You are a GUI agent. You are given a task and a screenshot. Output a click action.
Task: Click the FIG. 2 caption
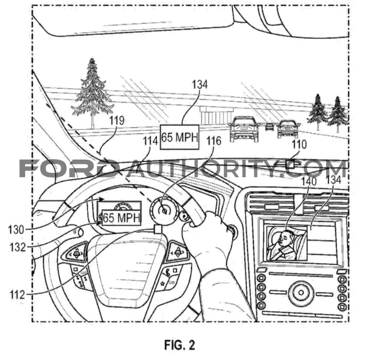point(179,345)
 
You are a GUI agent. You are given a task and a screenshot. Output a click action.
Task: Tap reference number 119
point(116,121)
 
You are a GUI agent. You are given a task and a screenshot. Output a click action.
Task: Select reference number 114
point(150,141)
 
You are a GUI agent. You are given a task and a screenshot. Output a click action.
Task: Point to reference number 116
point(214,141)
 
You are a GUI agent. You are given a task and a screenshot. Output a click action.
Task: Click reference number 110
point(299,144)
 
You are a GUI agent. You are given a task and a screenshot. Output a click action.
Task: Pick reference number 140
point(309,181)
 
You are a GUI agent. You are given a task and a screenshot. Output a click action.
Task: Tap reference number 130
point(16,230)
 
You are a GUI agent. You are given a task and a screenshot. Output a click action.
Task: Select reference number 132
point(18,247)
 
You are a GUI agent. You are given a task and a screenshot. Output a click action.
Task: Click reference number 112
point(17,295)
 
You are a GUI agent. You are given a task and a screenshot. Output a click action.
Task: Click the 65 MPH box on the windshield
point(179,137)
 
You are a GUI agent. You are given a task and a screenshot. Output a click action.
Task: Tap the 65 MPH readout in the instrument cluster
point(121,217)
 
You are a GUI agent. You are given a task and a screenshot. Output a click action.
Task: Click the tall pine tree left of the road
point(93,93)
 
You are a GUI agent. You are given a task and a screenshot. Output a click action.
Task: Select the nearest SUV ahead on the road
point(244,129)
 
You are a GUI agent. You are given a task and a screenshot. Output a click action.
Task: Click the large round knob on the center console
point(301,292)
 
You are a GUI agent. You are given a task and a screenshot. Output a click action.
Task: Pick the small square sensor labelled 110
point(290,164)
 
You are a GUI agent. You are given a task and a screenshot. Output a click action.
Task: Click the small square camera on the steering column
point(158,229)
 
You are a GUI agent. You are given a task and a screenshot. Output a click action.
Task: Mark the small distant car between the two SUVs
point(269,127)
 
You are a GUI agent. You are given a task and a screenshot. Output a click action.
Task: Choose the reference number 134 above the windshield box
point(200,84)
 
